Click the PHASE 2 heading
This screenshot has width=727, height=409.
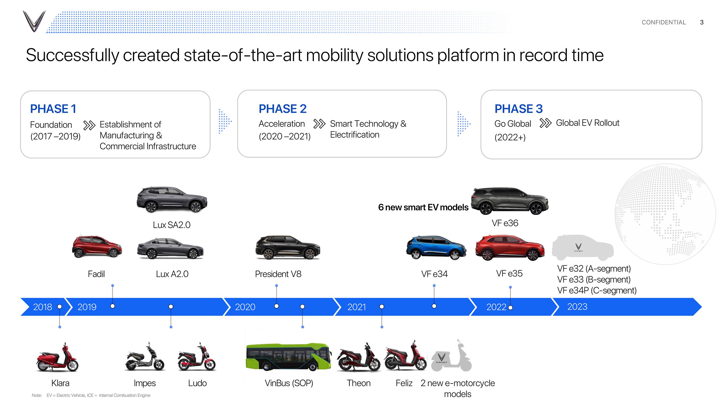tap(283, 109)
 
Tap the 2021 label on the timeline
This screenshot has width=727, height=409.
tap(356, 307)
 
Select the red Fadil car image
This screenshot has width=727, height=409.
tap(97, 246)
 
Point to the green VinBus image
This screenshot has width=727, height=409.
tap(288, 357)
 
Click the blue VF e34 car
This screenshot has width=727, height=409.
tap(436, 248)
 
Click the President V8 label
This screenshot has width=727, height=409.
tap(278, 274)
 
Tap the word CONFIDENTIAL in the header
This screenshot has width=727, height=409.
tap(664, 22)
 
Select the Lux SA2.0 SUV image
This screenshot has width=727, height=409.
tap(172, 199)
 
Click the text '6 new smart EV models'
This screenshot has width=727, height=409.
tap(423, 207)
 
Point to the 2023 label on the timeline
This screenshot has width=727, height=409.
tap(577, 307)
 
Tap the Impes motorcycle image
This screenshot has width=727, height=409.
tap(144, 357)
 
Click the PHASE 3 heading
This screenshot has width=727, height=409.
tap(518, 109)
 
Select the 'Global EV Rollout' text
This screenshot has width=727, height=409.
tap(588, 123)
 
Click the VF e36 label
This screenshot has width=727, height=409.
tap(505, 223)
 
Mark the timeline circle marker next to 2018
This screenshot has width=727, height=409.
tap(60, 307)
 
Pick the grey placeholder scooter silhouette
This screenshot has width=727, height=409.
tap(451, 356)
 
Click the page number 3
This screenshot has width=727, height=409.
tap(702, 22)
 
